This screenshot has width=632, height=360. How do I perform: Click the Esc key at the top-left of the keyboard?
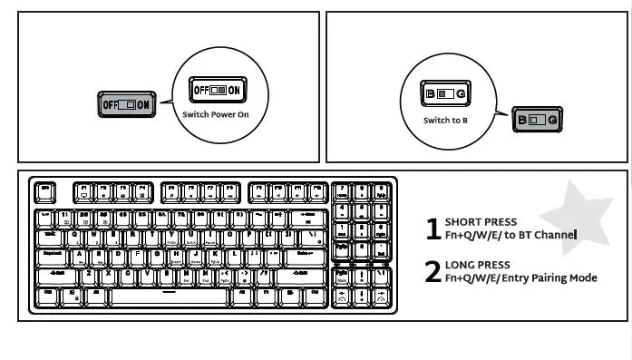pyautogui.click(x=45, y=192)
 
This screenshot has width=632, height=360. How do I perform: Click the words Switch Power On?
pyautogui.click(x=215, y=115)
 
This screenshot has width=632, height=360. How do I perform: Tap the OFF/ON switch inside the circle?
pyautogui.click(x=215, y=91)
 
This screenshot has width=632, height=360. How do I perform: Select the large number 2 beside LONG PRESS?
pyautogui.click(x=433, y=272)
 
